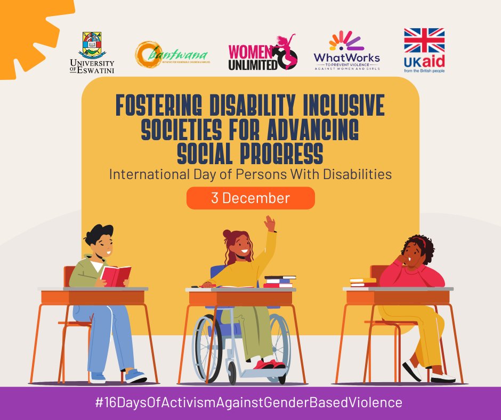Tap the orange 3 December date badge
click(250, 198)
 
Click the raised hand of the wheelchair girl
click(270, 223)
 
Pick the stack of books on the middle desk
click(279, 281)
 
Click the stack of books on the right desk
click(363, 281)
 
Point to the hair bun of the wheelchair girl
click(228, 234)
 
